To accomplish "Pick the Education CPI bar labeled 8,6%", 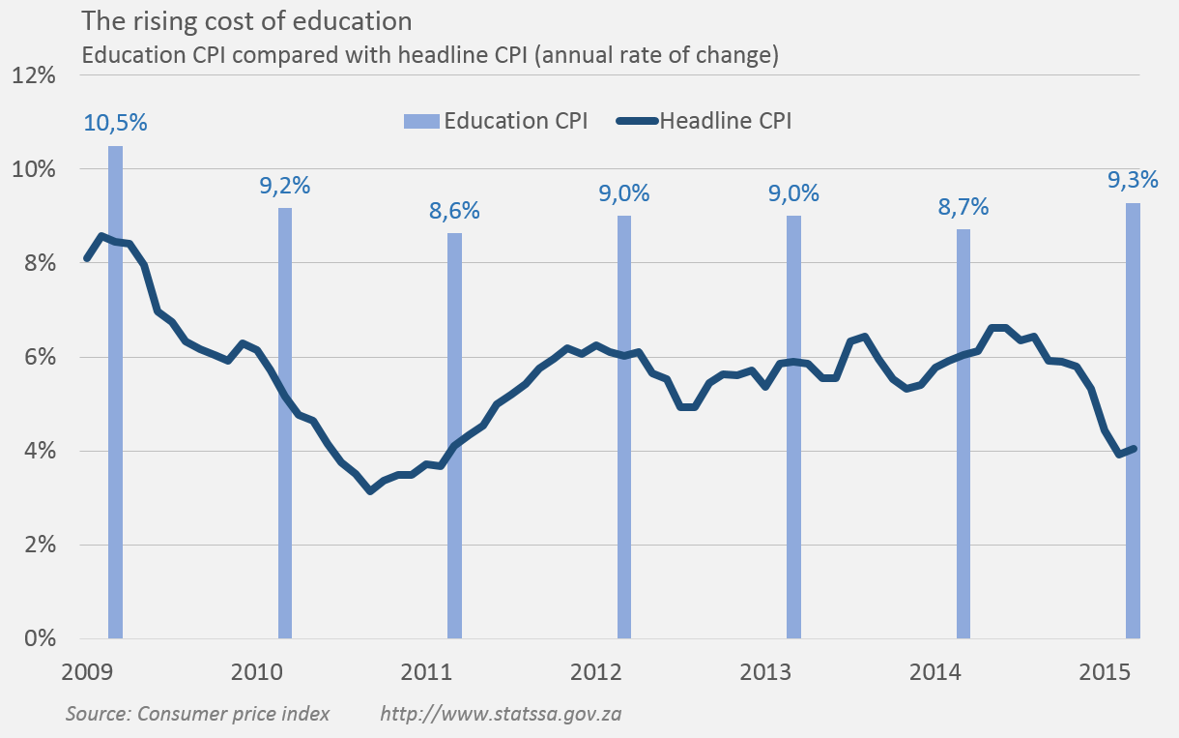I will coord(454,435).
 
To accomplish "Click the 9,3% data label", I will coord(1132,180).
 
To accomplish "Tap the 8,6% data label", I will coord(454,210).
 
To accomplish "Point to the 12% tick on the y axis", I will coord(34,75).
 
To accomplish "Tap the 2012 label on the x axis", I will coord(595,671).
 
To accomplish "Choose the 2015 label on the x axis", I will coord(1106,671).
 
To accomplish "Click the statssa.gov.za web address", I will coord(500,714).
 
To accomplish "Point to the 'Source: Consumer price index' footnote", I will coord(198,714).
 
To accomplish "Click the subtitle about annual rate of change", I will coord(430,55).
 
